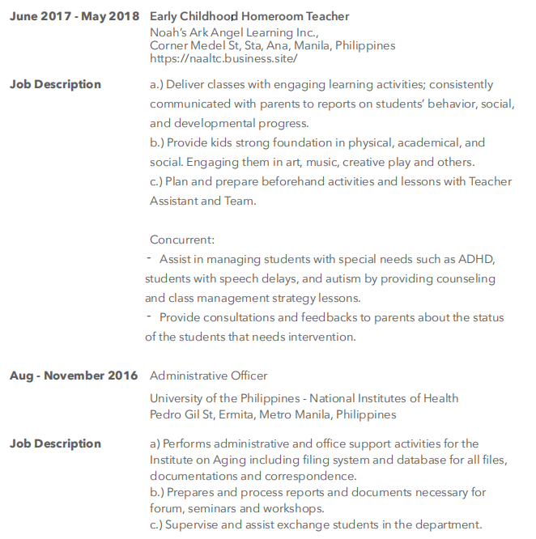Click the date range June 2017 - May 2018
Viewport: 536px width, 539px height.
[74, 16]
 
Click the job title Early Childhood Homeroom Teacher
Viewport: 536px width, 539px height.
[249, 16]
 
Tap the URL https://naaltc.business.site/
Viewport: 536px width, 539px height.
[223, 58]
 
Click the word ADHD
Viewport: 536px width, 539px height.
[477, 259]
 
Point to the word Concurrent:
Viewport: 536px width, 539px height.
[182, 240]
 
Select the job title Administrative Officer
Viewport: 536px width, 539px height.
[208, 376]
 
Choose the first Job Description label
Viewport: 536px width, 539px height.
[56, 84]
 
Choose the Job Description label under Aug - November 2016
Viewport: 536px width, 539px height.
[56, 444]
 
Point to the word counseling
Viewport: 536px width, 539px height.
[464, 278]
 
